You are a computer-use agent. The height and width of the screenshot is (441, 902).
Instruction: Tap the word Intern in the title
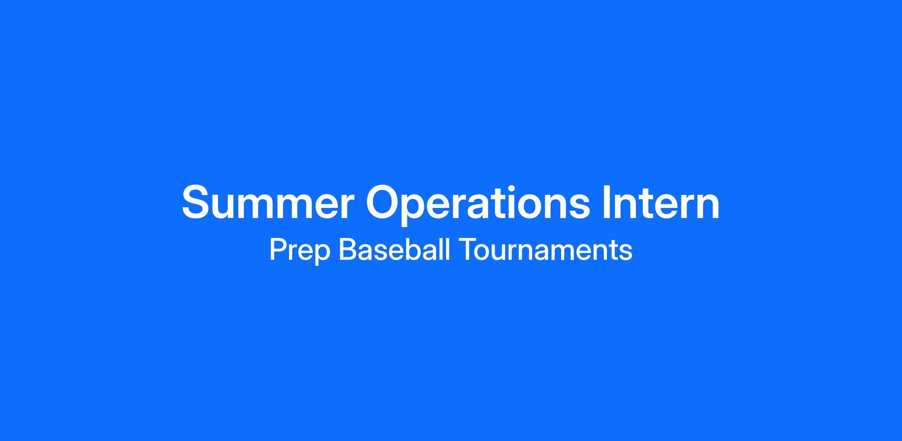661,202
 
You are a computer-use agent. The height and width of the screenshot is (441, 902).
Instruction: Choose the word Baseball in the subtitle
395,249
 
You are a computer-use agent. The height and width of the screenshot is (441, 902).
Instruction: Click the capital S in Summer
198,202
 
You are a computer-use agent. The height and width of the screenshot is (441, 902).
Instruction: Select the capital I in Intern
606,202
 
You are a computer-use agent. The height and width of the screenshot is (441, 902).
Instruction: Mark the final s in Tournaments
626,253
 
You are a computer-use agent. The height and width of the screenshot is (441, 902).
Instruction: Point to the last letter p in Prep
322,255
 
